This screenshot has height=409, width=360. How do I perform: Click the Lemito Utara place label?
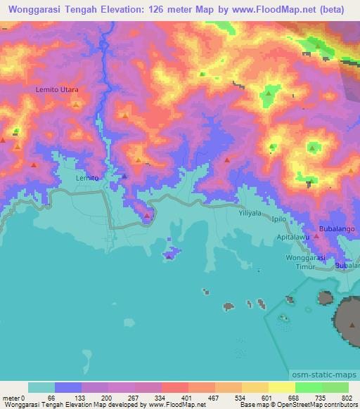point(57,90)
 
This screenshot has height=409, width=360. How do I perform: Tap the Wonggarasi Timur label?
point(308,261)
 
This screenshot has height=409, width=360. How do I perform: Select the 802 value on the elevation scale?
point(348,397)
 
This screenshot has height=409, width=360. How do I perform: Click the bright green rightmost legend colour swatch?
point(335,387)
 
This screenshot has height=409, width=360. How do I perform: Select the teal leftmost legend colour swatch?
point(41,387)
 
